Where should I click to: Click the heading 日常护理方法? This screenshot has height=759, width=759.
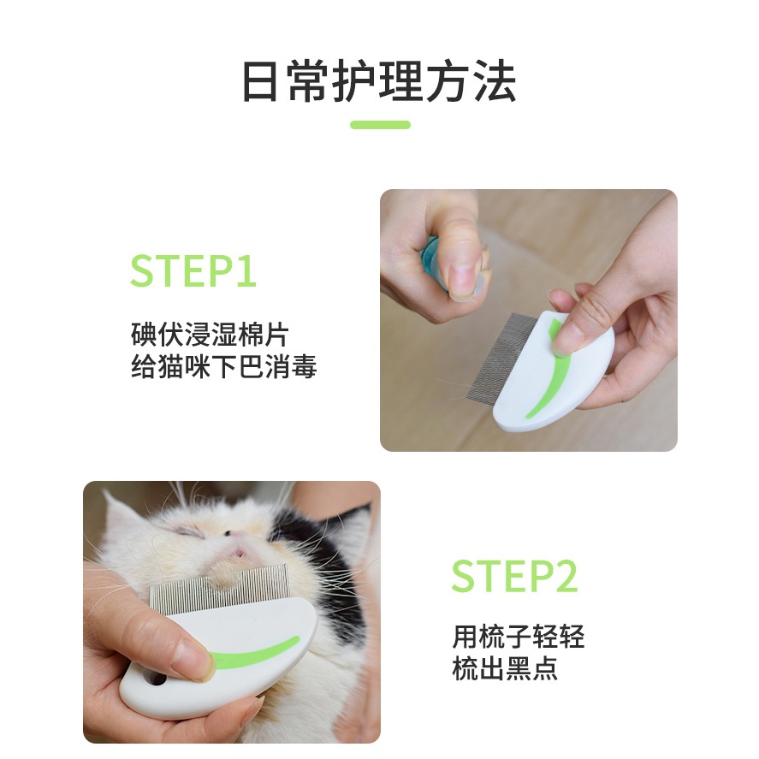(x=379, y=81)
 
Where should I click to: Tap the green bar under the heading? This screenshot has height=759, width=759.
(x=380, y=125)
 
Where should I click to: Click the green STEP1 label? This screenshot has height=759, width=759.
(x=193, y=270)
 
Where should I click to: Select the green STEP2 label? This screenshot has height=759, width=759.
(x=514, y=576)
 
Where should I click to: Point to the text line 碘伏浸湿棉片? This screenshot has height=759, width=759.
(x=210, y=334)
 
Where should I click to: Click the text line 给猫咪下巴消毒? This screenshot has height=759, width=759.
(x=223, y=366)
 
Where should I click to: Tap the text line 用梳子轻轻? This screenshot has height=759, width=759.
(x=518, y=636)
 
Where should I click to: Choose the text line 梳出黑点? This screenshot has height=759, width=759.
(x=504, y=668)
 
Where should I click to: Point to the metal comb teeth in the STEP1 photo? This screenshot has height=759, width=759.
(x=501, y=356)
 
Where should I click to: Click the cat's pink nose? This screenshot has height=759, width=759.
(x=238, y=550)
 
